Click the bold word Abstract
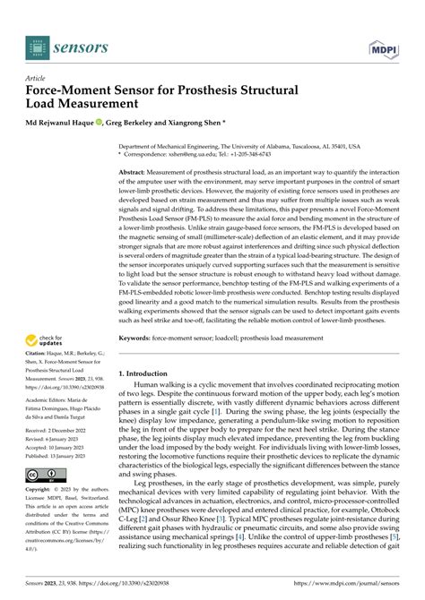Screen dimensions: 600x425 point(136,170)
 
